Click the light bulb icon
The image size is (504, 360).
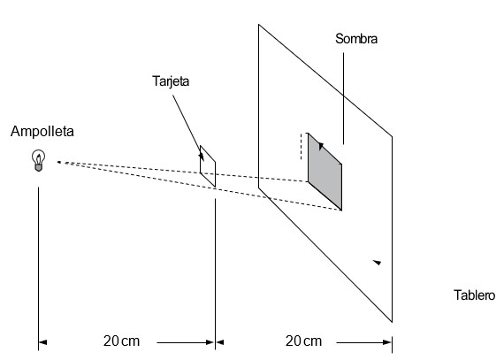pos(38,160)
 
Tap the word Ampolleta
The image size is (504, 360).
pos(42,132)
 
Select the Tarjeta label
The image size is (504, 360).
pos(171,81)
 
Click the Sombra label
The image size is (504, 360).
pos(356,39)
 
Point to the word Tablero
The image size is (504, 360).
pos(475,295)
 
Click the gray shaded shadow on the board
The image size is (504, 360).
pos(325,172)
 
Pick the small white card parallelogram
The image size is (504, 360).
pos(208,166)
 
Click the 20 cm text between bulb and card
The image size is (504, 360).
pos(121,341)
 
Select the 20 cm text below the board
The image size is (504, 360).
pos(303,341)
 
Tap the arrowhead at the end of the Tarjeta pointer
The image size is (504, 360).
pos(202,157)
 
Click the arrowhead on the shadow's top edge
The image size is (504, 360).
pos(321,146)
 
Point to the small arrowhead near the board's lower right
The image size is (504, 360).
pos(377,263)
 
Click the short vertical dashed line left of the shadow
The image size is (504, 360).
pos(302,146)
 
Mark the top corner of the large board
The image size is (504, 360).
pos(259,25)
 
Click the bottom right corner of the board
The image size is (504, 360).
pos(392,322)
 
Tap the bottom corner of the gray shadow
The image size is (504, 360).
pos(341,211)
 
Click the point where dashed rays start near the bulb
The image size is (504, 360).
pos(58,162)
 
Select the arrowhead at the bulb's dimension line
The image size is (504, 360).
pos(42,342)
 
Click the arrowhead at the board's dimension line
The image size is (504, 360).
pos(387,342)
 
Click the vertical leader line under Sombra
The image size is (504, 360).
pos(343,99)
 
